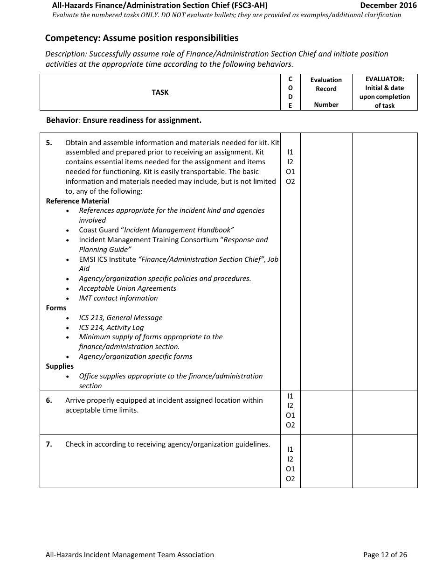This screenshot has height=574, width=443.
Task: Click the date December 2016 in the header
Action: [x=388, y=6]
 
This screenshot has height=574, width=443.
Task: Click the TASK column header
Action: [x=160, y=92]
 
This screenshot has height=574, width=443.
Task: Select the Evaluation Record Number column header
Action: [x=326, y=92]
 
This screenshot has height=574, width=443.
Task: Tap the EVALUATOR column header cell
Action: [x=384, y=92]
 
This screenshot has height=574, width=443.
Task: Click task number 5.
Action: [x=49, y=143]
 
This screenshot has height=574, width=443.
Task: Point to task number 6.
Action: [x=49, y=400]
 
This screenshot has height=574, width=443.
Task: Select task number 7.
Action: [x=49, y=444]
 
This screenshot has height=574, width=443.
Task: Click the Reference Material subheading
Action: [x=77, y=201]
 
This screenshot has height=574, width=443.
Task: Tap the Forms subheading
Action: [x=56, y=308]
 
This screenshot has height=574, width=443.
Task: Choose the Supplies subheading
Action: [x=60, y=366]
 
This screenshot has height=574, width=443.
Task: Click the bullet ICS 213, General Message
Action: [x=120, y=318]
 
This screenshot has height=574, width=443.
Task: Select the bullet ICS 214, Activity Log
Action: [x=111, y=328]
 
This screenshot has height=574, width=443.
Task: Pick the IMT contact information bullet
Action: [x=118, y=298]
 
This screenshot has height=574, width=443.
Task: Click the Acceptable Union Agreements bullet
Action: [x=127, y=288]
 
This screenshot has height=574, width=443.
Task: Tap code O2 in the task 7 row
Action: [x=290, y=479]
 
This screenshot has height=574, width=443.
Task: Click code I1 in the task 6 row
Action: [x=290, y=396]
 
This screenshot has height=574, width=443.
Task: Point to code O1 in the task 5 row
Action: [x=290, y=172]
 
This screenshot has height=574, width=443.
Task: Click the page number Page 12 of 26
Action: [x=385, y=555]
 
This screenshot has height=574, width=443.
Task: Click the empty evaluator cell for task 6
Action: [x=384, y=413]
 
